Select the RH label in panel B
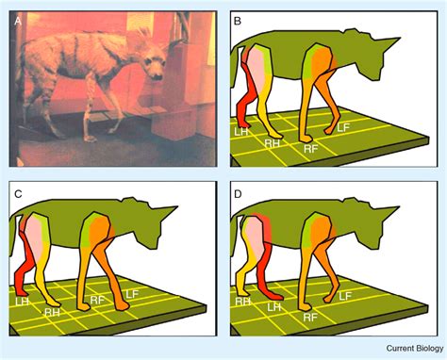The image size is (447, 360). (x=272, y=143)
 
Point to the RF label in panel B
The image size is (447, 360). (x=308, y=148)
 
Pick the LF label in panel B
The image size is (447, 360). (x=346, y=126)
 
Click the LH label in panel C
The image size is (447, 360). (x=24, y=301)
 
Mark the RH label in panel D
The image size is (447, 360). (x=241, y=302)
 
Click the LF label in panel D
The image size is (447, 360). (x=345, y=295)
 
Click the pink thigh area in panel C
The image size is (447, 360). (x=36, y=235)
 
